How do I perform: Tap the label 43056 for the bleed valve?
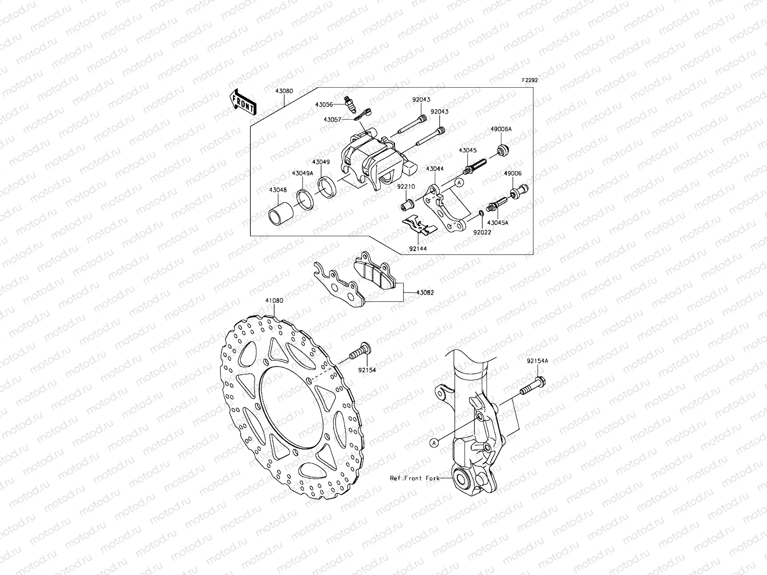(324, 103)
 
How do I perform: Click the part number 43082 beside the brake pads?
(425, 292)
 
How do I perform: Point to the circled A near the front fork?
(434, 443)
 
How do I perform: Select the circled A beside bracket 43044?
(459, 182)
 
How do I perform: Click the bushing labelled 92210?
(407, 205)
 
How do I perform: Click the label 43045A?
(498, 223)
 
